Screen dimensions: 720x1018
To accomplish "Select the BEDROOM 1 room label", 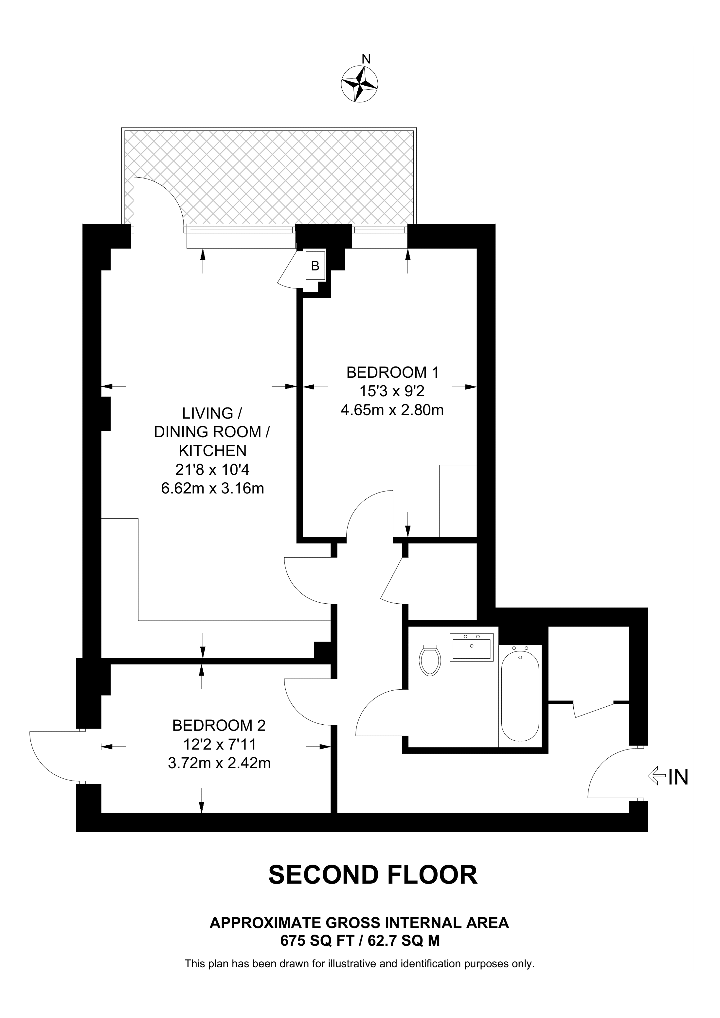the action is pos(393,372).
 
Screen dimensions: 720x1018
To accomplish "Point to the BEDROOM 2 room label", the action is pos(219,725).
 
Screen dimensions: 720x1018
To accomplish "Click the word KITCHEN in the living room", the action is pos(212,451).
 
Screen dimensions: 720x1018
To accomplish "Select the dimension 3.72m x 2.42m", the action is pos(219,763).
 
